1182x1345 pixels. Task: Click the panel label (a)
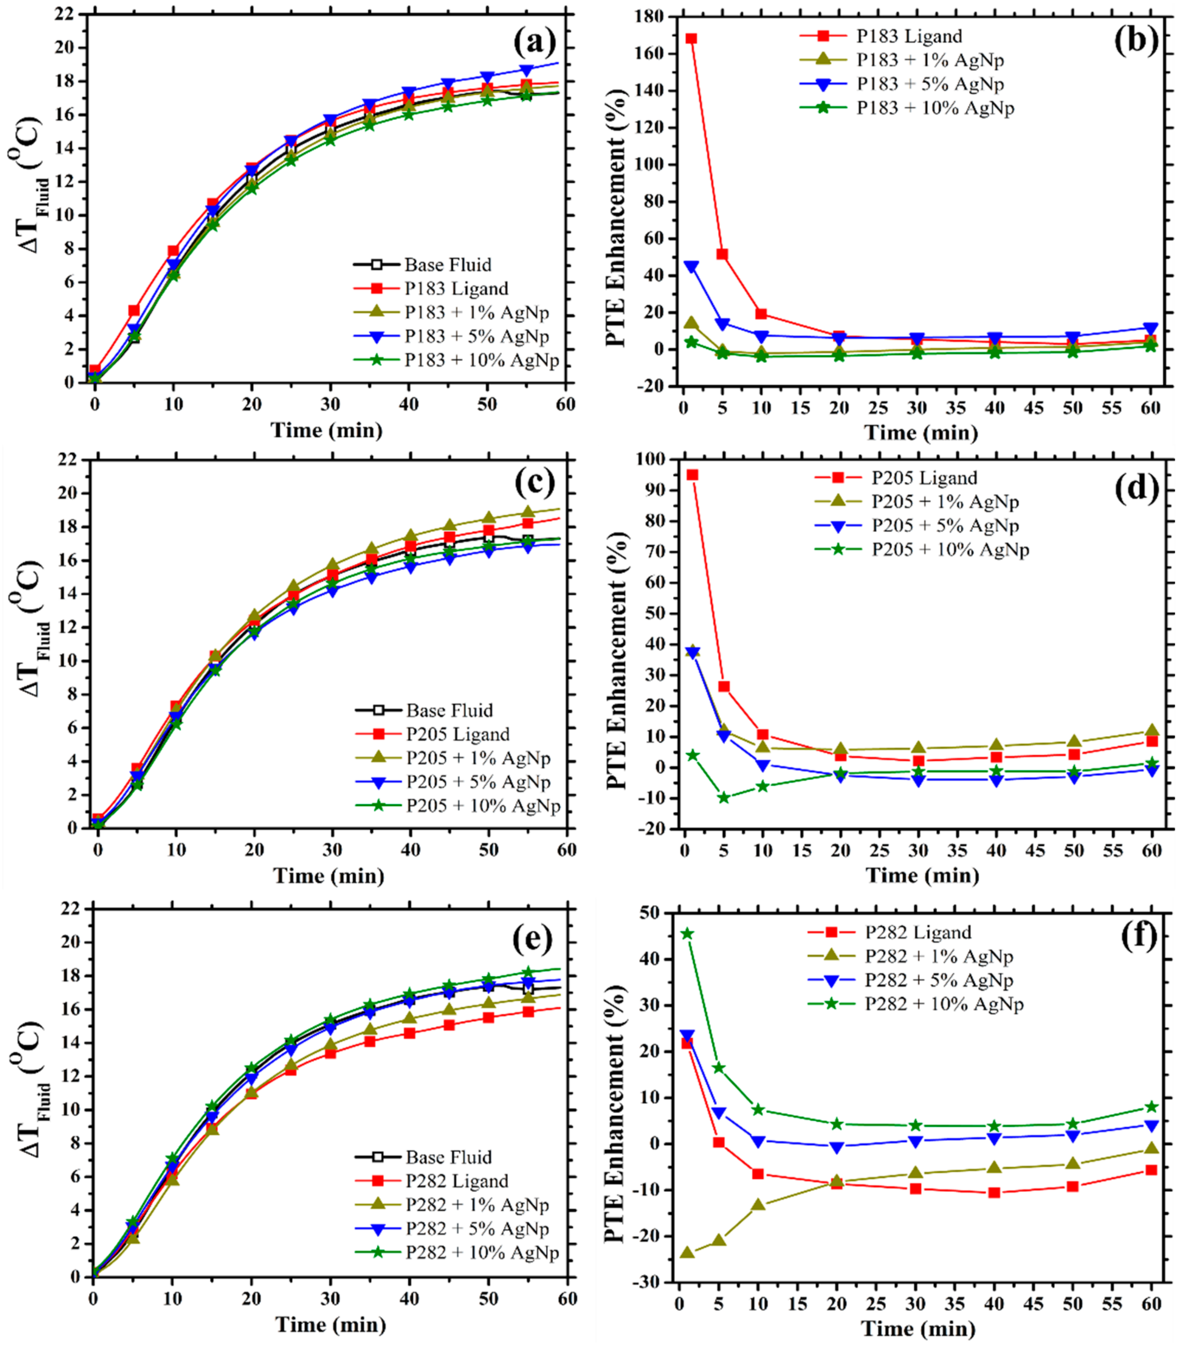[534, 44]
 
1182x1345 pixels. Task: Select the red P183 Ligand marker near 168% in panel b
[691, 39]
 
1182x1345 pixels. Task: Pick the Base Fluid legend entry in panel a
[447, 265]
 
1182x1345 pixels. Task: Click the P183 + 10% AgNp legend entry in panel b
[934, 108]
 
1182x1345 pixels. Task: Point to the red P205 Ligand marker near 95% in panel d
[692, 474]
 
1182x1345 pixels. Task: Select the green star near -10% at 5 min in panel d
[724, 798]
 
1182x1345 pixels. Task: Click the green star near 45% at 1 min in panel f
[687, 934]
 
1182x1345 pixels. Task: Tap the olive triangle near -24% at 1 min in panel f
[687, 1252]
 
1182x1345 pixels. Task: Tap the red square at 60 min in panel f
[1151, 1170]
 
